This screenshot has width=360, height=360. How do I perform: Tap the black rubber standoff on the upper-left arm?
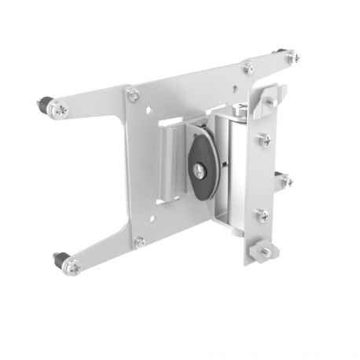(x=42, y=105)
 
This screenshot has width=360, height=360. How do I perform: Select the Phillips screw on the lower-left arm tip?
(x=72, y=267)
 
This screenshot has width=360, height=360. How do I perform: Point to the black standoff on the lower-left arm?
(x=61, y=259)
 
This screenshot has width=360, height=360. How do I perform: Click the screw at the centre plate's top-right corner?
(x=248, y=68)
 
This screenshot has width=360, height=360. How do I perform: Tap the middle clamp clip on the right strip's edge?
(x=283, y=181)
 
